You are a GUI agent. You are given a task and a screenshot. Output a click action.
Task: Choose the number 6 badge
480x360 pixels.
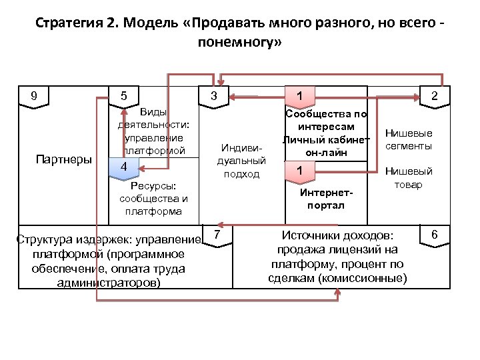[x=435, y=235]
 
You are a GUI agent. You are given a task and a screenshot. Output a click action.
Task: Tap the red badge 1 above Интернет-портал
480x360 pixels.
[x=300, y=171]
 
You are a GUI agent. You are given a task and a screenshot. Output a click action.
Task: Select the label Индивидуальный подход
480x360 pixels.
[x=241, y=161]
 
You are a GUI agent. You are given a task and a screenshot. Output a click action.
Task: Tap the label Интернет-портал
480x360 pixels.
[x=326, y=199]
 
